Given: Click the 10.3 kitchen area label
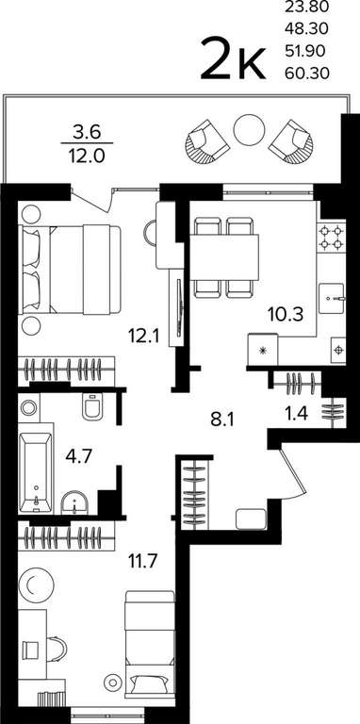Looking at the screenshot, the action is pos(286,316).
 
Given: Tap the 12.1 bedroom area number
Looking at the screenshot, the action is pos(144,336).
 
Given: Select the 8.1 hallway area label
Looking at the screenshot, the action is pos(222,420).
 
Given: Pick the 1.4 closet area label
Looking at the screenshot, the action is pos(296,412).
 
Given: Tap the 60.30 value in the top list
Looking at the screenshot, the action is pos(307,73).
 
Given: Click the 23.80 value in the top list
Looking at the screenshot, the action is pos(307,7).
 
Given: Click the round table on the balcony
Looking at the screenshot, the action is pos(248,131).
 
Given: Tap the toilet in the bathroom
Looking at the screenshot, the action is pos(92,406).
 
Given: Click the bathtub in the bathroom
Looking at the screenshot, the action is pos(36,472).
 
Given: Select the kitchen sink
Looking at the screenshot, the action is pos(332,299).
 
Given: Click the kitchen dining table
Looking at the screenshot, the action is pos(224,256).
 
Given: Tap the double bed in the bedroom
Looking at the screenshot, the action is pos(70,271).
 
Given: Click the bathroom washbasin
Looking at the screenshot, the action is pos(75,502).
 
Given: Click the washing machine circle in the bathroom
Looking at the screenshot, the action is pos(29,407).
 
